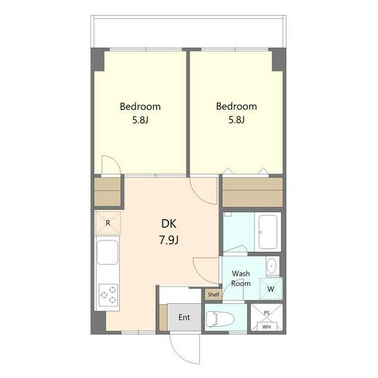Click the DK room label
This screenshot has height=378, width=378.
tap(169, 224)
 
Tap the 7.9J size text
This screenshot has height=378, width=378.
tap(169, 240)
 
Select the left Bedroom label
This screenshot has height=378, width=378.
tap(140, 106)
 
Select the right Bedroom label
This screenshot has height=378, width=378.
tap(236, 106)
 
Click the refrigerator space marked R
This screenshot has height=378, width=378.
tap(107, 223)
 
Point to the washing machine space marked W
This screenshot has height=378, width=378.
tap(271, 289)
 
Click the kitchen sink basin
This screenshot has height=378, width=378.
tap(107, 252)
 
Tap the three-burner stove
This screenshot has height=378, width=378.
tap(108, 295)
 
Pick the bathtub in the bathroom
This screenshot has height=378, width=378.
tap(268, 232)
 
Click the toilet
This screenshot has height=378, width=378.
tap(220, 319)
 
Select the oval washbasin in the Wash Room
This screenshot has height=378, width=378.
tap(272, 266)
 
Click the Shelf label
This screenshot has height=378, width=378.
tap(213, 294)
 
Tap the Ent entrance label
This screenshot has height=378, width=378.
tap(184, 317)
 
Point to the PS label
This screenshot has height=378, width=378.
tap(266, 313)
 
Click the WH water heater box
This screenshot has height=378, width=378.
tap(266, 327)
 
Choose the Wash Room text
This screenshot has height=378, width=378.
tap(240, 278)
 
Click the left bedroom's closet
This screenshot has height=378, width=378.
tap(107, 192)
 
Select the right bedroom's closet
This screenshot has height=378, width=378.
tap(252, 192)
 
